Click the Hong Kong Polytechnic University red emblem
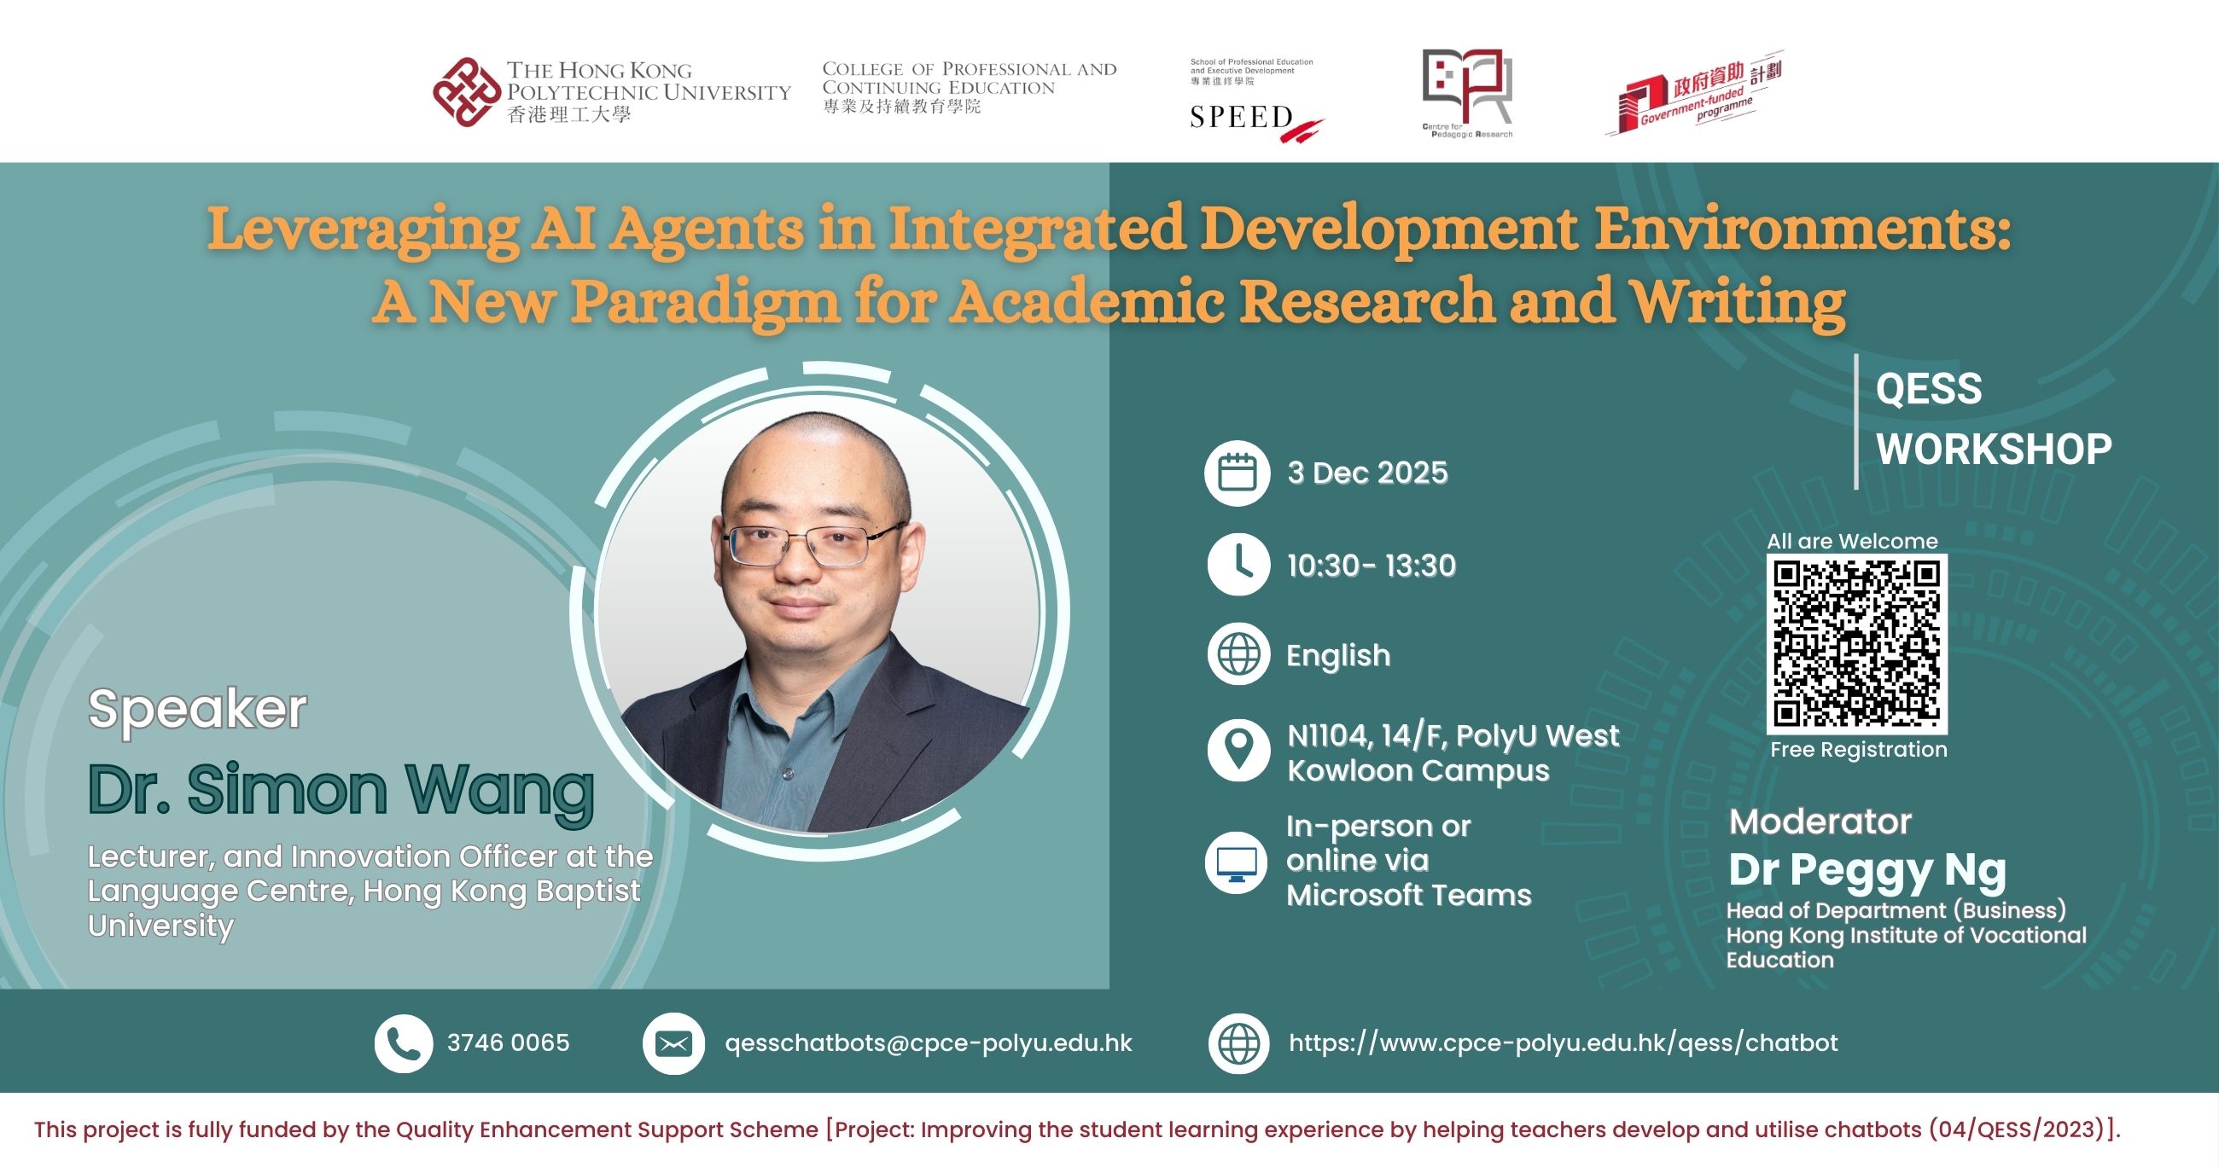[466, 92]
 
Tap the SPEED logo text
[1241, 118]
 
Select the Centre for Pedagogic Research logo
[1467, 92]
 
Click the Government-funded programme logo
[1693, 96]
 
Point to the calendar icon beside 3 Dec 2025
[1237, 473]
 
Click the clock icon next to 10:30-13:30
[1238, 565]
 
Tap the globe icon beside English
[1238, 654]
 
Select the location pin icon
[1238, 750]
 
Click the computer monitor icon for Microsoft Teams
[1237, 862]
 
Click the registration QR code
[1856, 643]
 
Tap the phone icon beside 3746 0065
[403, 1043]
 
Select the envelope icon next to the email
[673, 1044]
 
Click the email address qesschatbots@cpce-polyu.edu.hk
[928, 1043]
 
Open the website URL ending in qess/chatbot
[1563, 1043]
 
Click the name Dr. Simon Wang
[341, 790]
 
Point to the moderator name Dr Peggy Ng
[1867, 870]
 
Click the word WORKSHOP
[1994, 450]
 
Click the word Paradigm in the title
[705, 302]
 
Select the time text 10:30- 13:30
[1372, 566]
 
